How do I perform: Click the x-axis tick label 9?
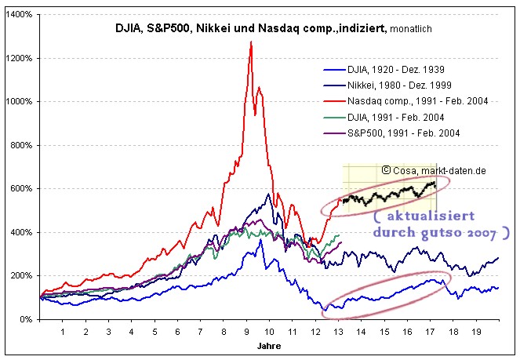(247, 333)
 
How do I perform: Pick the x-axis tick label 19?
(477, 333)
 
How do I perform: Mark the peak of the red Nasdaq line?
(251, 42)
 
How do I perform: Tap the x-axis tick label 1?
(63, 333)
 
